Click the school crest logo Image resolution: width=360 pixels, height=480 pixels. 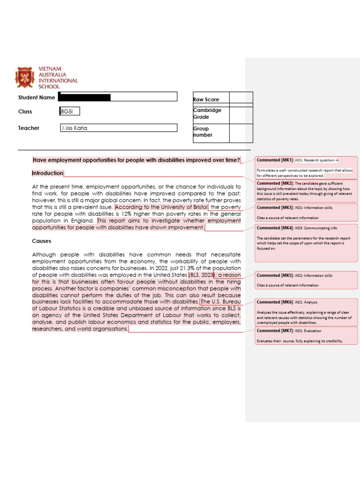25,78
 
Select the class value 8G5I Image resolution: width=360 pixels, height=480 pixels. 67,112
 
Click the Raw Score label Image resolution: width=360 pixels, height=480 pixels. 206,100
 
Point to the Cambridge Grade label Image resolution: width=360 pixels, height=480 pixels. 207,113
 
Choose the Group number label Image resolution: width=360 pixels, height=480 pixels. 202,132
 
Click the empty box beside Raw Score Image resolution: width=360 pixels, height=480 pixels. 240,97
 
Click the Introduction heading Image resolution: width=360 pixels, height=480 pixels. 47,173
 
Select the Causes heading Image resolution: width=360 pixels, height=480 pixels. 42,241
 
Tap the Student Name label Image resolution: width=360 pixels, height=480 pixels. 37,97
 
